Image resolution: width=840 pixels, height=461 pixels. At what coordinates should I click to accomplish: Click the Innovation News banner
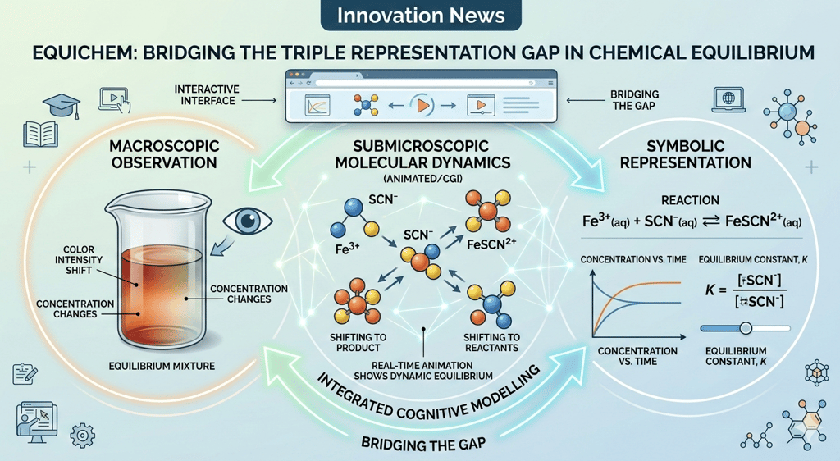420,16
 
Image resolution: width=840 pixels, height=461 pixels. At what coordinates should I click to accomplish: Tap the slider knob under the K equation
745,327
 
